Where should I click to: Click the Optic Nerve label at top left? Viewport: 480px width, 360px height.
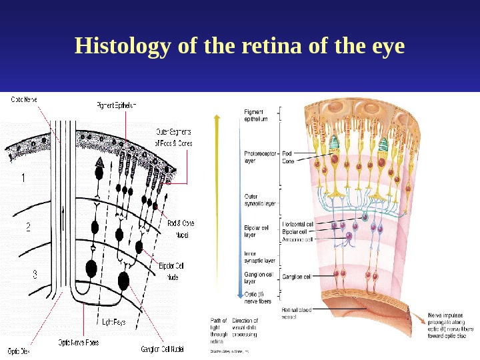click(23, 100)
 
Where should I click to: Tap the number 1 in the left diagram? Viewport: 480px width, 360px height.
click(23, 179)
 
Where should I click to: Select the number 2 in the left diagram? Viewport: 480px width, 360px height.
click(28, 227)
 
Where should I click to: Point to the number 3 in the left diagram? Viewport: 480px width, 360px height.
click(35, 273)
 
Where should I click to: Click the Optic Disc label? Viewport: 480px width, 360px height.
click(18, 349)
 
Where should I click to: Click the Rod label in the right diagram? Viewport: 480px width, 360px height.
click(287, 153)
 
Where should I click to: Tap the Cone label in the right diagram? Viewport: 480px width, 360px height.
click(289, 161)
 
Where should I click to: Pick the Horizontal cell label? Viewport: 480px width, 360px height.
click(297, 225)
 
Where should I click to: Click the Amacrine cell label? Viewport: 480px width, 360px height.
click(297, 239)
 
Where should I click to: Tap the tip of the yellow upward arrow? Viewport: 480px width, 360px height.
click(215, 115)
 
